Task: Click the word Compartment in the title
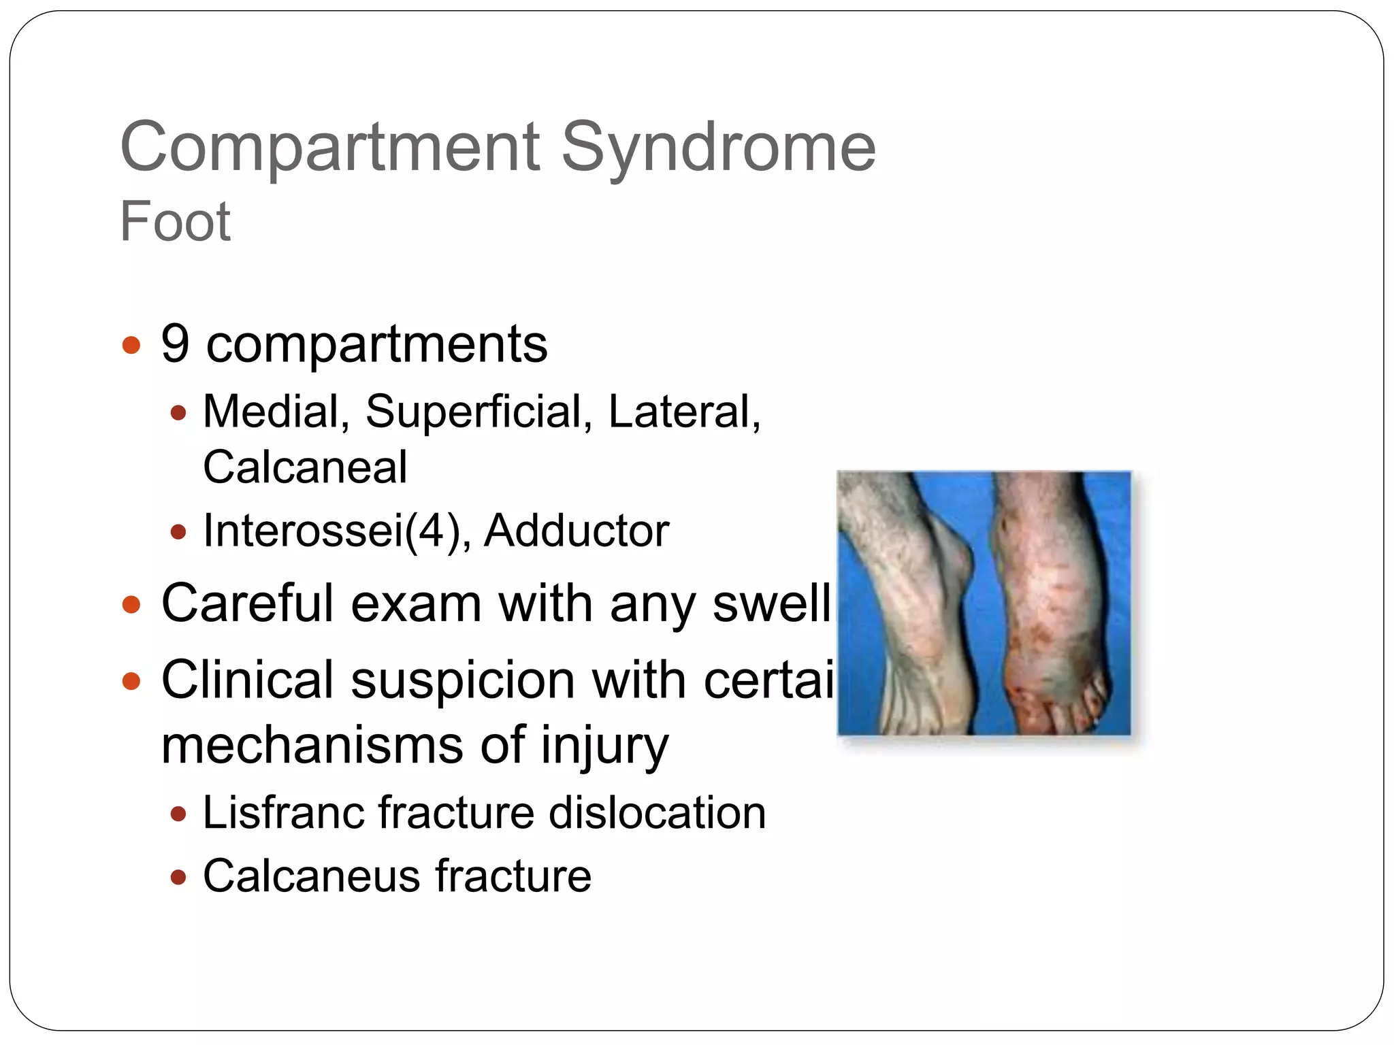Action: point(329,148)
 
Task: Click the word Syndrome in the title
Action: point(717,148)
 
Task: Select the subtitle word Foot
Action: point(175,221)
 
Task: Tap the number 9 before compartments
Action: point(175,344)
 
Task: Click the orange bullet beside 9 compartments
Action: point(131,345)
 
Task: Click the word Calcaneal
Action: point(305,467)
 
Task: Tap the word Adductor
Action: point(576,531)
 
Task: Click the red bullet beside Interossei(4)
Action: point(178,532)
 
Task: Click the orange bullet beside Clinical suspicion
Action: point(131,680)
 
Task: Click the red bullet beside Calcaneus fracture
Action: point(178,877)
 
